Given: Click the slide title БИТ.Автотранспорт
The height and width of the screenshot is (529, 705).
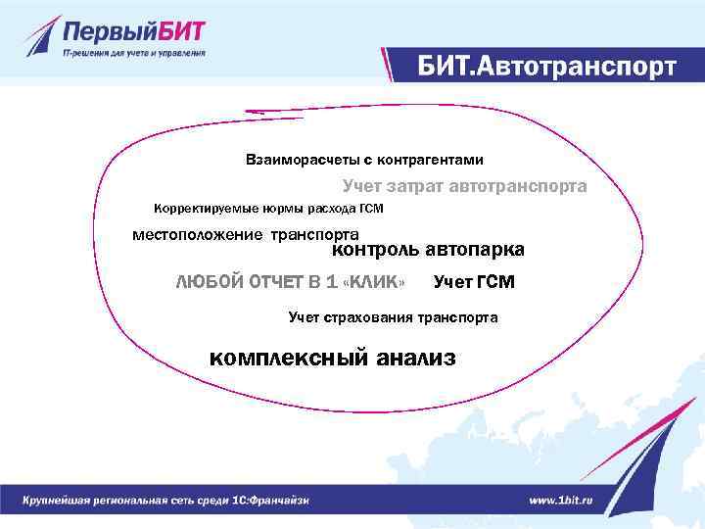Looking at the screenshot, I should coord(545,67).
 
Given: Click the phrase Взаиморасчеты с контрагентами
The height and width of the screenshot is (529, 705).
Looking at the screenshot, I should coord(364,159).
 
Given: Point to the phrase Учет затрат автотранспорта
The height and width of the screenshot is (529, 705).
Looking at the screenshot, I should coord(464,185).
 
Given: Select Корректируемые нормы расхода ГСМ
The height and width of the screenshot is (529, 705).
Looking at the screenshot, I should coord(269,209).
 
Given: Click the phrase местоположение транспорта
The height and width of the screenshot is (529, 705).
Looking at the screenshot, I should coord(246,234).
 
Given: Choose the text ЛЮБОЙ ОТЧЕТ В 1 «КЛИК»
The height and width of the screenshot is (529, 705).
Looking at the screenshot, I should coord(290,283).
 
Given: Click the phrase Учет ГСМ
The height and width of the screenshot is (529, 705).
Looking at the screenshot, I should coord(473,283).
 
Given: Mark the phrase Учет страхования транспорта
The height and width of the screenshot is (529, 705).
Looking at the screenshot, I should coord(393,317).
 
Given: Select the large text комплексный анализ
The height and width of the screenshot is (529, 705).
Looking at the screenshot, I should coord(333,358).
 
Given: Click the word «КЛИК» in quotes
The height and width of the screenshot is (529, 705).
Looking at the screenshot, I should coord(375,283).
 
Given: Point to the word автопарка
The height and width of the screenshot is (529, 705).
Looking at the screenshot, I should coord(478,250).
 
